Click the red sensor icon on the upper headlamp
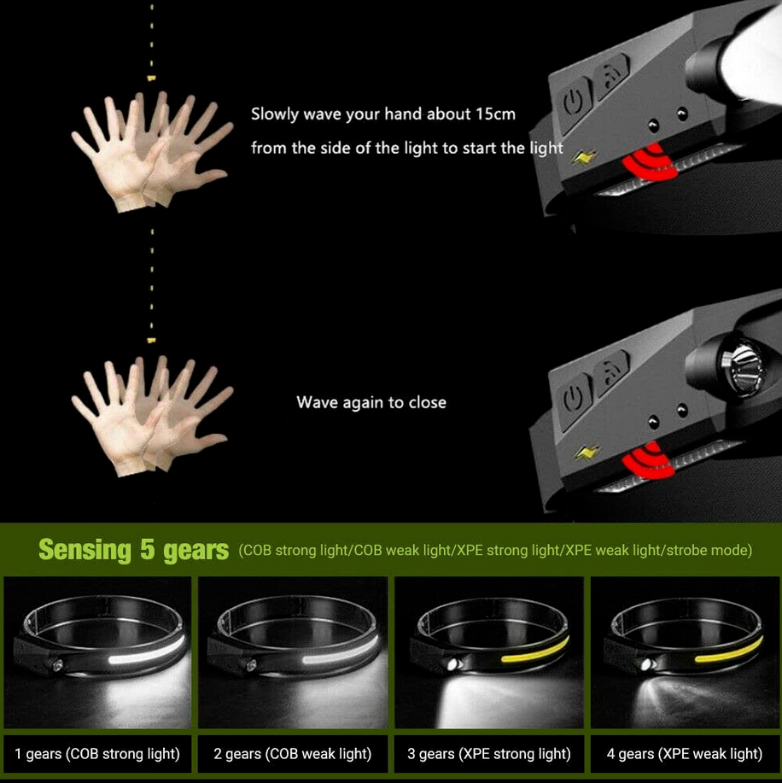coord(650,163)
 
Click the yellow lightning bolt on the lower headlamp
coord(586,450)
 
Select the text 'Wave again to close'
coord(371,401)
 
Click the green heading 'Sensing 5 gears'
coord(133,550)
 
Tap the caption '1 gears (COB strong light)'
coord(97,753)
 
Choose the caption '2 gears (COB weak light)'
coord(293,753)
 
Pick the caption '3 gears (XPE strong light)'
coord(489,753)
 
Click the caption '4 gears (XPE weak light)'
coord(686,753)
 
